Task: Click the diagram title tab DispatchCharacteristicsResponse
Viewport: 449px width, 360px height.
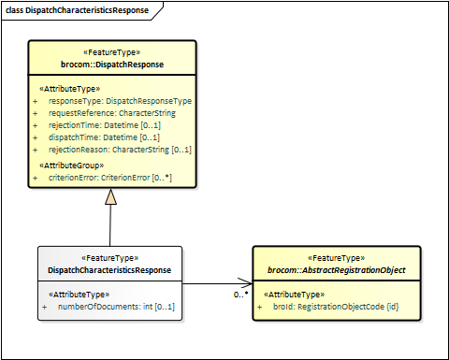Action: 76,8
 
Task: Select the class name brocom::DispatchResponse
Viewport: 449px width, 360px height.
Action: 111,65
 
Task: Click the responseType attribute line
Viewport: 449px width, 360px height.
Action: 119,100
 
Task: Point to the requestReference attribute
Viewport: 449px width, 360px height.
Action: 111,112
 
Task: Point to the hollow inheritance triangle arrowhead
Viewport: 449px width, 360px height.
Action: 111,196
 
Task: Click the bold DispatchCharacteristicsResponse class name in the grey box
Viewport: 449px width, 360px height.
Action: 109,270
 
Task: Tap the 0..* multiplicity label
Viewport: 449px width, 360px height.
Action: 240,295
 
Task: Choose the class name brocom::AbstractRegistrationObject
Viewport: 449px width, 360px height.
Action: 337,270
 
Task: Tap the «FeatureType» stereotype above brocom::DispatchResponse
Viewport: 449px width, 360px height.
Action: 111,53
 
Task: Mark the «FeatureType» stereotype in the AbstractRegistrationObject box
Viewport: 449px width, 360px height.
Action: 337,258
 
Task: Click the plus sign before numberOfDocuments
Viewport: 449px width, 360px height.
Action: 44,307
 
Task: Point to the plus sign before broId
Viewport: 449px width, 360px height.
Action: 260,307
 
